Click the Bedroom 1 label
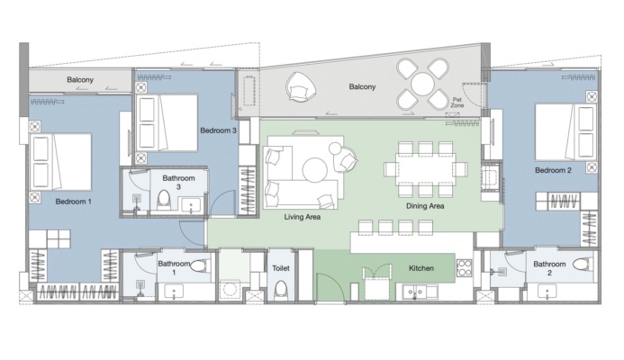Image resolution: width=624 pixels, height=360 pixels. point(73,202)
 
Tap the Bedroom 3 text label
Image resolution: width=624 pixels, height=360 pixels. point(219,130)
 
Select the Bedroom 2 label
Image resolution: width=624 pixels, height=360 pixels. point(553,170)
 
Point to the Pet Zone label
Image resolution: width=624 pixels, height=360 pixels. point(457,103)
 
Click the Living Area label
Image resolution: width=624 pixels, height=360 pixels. point(303,217)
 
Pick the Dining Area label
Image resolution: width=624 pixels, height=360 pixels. point(425,206)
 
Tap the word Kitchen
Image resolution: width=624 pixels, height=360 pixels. point(421,268)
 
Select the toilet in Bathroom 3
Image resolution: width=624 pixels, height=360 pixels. point(164,200)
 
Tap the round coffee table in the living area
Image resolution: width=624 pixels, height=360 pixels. point(315,169)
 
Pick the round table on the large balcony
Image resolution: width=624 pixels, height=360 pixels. point(423,84)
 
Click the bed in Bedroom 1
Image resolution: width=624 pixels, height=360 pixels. point(61,161)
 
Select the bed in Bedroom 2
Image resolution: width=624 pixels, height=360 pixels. point(565,132)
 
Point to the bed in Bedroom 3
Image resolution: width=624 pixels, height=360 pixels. point(167,122)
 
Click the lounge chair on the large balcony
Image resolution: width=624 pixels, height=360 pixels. point(302,85)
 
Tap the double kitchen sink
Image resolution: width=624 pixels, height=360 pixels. point(415,292)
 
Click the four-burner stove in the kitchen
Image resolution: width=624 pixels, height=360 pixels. point(464,267)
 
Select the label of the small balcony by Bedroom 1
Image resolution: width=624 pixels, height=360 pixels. point(80,79)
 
